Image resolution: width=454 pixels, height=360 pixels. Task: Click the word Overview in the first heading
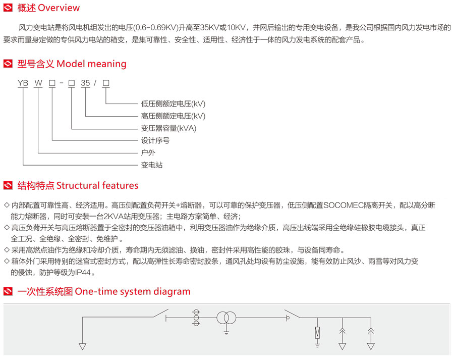[59, 8]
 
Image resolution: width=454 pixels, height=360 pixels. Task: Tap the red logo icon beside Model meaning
[8, 64]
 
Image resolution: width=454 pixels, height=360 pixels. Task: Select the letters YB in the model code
[22, 84]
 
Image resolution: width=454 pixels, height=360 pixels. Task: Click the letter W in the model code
[38, 84]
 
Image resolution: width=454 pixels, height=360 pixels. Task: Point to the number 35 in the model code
[86, 84]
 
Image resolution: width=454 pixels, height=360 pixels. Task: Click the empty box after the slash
[106, 84]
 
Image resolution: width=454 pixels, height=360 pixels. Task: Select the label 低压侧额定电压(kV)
[173, 104]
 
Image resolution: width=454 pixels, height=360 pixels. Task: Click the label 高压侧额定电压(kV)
[173, 116]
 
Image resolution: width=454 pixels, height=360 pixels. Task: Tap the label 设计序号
[155, 140]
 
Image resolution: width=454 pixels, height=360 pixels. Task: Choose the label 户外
[147, 152]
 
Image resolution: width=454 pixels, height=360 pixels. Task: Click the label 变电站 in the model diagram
[151, 165]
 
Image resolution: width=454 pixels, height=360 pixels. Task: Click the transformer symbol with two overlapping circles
[226, 318]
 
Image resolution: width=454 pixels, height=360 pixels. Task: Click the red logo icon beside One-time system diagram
[8, 292]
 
